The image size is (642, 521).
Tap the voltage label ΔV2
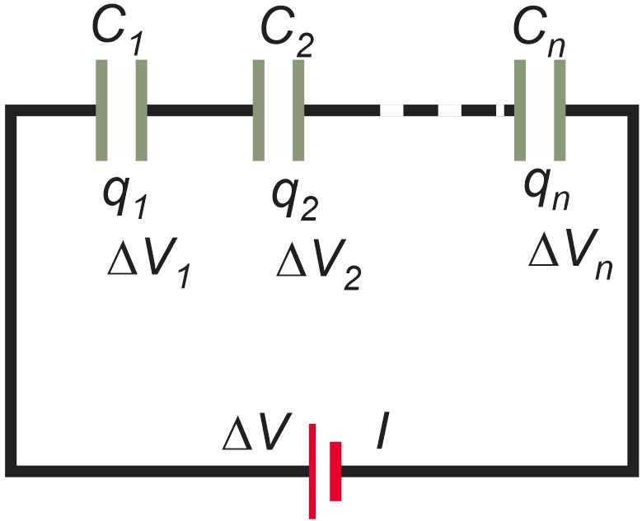tap(316, 264)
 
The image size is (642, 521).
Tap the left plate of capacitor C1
tap(101, 110)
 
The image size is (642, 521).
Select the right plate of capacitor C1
tap(141, 110)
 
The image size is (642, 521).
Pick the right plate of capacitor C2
tap(298, 110)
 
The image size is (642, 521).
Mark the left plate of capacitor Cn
tap(520, 110)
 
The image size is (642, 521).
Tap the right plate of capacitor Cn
tap(560, 110)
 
